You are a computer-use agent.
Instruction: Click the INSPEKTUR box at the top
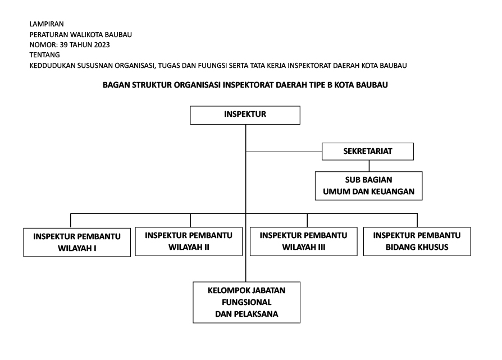(x=245, y=115)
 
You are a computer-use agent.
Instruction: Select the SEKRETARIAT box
(x=368, y=152)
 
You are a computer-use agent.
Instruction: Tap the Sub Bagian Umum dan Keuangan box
(x=368, y=186)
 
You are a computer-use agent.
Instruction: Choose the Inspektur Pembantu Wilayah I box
(x=77, y=242)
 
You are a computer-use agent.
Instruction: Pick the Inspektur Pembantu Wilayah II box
(x=189, y=241)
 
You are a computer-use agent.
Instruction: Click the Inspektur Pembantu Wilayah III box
(x=304, y=241)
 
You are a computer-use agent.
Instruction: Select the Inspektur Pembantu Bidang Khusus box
(x=417, y=241)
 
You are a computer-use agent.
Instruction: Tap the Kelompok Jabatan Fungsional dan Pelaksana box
(x=247, y=302)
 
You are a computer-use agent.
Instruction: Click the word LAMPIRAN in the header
(x=47, y=24)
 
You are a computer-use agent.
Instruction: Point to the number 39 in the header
(x=63, y=45)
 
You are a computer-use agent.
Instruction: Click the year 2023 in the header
(x=102, y=45)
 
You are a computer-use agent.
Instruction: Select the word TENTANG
(x=44, y=55)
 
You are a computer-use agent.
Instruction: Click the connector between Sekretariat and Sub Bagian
(x=369, y=166)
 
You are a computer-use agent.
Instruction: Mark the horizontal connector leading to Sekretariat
(x=284, y=152)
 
